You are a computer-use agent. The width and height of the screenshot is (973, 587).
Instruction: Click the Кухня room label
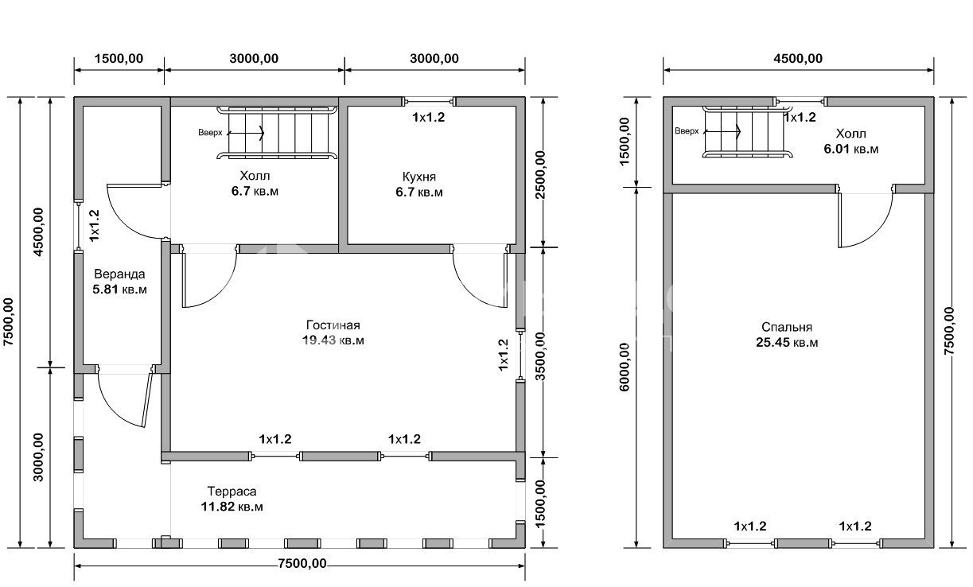point(419,177)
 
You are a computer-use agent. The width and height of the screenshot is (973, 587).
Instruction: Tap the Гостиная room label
point(333,325)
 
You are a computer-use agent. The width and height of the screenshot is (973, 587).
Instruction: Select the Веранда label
point(119,274)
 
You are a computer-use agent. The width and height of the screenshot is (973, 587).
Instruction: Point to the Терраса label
point(232,492)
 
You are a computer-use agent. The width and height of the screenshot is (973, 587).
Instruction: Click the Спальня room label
point(787,327)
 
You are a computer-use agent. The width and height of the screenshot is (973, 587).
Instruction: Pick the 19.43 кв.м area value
point(333,340)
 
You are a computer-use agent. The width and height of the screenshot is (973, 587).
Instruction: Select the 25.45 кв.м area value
point(787,343)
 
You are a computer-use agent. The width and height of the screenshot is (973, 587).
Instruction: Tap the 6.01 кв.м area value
point(851,149)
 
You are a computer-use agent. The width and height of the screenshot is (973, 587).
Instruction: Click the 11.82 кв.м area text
point(232,507)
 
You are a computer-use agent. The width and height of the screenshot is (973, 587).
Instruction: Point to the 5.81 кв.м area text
point(119,290)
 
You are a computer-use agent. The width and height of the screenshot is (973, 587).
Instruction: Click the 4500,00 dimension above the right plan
point(798,59)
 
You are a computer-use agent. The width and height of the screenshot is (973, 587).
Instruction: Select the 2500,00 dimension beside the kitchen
point(540,174)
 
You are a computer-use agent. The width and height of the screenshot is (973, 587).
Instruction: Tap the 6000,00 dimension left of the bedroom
point(625,367)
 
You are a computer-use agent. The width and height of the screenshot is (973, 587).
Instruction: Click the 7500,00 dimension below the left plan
point(302,564)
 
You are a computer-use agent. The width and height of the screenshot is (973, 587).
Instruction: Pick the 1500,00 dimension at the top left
point(119,59)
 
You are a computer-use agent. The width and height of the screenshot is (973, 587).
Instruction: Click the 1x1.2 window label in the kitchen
point(428,117)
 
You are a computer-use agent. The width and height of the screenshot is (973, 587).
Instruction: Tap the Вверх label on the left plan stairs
point(210,132)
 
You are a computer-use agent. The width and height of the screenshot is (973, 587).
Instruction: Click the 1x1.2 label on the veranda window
point(94,225)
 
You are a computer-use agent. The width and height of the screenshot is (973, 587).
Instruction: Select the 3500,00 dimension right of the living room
point(540,356)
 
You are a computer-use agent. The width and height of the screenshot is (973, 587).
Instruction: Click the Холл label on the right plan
point(851,134)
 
